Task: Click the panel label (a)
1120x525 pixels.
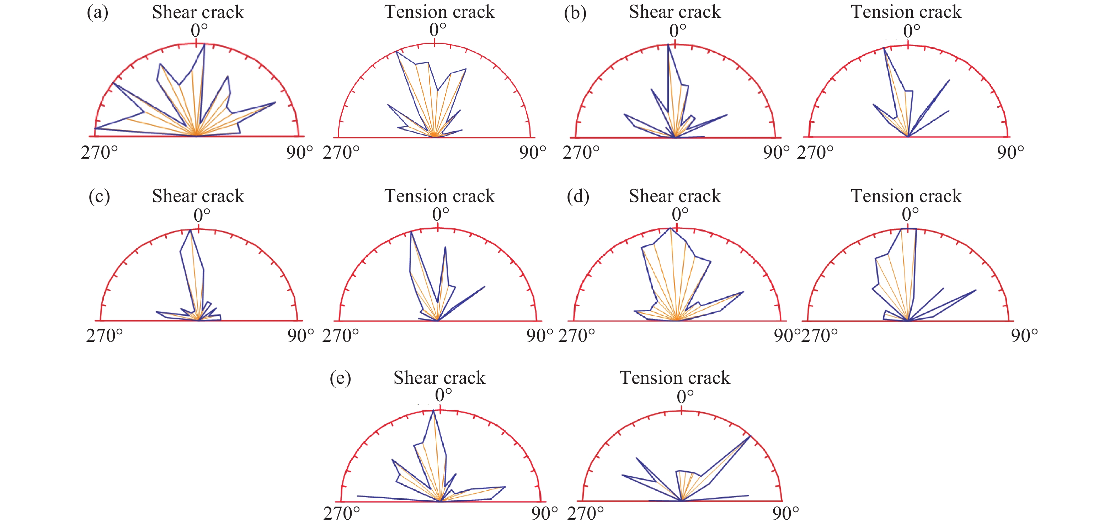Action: tap(97, 12)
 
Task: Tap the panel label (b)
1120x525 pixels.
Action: tap(575, 12)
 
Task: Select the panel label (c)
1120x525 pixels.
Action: tap(99, 196)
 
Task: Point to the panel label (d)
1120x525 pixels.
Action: tap(578, 196)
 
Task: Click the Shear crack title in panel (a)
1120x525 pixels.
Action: tap(198, 12)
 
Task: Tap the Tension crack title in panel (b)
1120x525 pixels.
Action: tap(906, 12)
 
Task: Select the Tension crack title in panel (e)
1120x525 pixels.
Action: tap(675, 377)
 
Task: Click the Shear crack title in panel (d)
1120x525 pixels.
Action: tap(675, 196)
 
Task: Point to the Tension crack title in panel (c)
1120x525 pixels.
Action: tap(439, 196)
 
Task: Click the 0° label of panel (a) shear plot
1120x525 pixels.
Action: tap(199, 31)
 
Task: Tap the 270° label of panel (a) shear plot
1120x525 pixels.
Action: tap(99, 153)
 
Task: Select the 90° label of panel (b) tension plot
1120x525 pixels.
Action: tap(1010, 153)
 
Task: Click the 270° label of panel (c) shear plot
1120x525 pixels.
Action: tap(104, 336)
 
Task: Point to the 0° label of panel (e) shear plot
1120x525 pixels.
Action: tap(443, 395)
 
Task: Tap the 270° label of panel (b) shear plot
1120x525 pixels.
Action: tap(581, 153)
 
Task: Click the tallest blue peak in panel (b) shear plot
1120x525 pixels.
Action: tap(669, 45)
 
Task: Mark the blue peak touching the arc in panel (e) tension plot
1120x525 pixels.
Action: tap(750, 436)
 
